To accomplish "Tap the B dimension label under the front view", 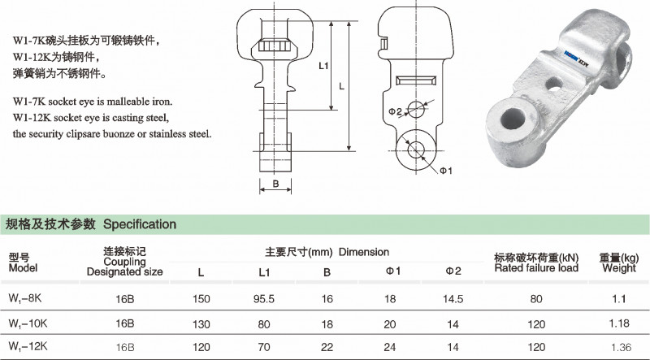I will (276, 184).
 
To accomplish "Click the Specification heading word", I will (140, 223).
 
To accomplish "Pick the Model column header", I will (23, 267).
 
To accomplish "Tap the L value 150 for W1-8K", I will (200, 298).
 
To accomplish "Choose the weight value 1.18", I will (618, 323).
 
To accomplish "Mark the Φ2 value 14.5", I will (453, 298).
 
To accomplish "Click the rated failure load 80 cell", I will (536, 298).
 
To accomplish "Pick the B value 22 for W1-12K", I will (327, 346).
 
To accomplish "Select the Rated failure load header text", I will (536, 267).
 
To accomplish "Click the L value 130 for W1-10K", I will (200, 323).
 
